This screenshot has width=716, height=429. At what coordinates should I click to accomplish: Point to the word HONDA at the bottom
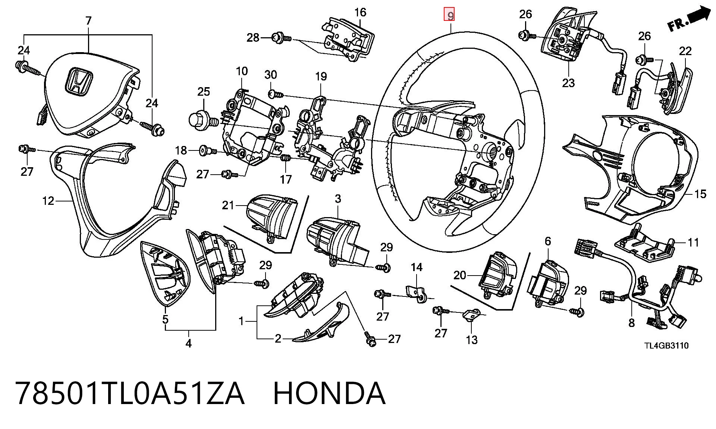pos(329,393)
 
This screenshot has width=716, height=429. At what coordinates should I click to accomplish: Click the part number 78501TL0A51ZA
pos(130,393)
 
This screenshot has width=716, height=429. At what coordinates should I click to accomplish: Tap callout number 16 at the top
pos(360,12)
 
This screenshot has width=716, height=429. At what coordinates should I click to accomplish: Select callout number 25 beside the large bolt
pos(204,92)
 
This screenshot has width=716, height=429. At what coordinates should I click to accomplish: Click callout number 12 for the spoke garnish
pos(48,201)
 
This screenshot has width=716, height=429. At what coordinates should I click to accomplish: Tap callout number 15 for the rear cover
pos(700,194)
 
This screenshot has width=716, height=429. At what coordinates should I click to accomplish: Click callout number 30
pos(271,75)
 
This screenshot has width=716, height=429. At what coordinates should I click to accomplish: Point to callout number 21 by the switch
pos(228,205)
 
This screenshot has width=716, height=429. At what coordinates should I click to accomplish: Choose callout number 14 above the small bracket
pos(417,267)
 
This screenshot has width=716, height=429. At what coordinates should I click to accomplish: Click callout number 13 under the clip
pos(472,340)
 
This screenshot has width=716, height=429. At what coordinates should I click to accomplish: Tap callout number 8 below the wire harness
pos(631,322)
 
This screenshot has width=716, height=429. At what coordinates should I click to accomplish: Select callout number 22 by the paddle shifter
pos(685,51)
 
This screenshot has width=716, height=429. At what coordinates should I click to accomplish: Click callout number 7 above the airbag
pos(88,20)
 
